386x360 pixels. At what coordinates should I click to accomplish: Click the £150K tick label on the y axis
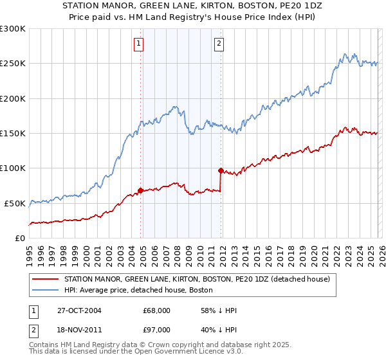(x=13, y=134)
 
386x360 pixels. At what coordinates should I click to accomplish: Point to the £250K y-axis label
(x=13, y=64)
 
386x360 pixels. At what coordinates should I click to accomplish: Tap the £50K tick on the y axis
(x=15, y=203)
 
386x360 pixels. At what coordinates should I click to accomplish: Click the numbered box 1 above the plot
(x=138, y=44)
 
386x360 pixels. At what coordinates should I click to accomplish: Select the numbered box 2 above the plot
(x=219, y=44)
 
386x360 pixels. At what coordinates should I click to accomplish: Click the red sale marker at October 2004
(x=140, y=190)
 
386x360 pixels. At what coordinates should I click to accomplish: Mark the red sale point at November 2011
(x=221, y=170)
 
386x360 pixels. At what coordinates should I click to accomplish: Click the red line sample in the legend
(x=44, y=279)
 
